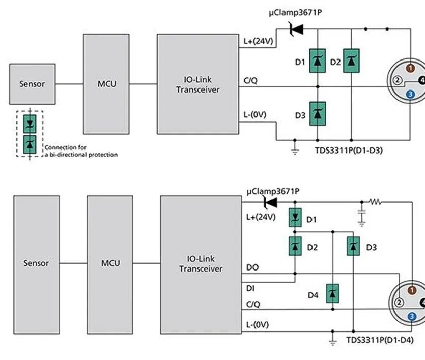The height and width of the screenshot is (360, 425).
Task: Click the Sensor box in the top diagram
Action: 32,84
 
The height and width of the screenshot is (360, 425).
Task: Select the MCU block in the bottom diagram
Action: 110,264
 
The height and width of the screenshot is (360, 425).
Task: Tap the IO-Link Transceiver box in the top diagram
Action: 198,84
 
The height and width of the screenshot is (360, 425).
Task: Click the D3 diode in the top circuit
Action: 318,114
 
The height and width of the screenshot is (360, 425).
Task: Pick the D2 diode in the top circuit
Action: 351,61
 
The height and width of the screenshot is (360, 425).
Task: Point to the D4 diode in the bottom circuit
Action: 332,293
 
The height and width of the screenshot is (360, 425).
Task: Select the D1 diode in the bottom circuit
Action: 295,217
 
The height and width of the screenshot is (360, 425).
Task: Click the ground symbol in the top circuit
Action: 295,151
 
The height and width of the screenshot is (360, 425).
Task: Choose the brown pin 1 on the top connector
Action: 411,68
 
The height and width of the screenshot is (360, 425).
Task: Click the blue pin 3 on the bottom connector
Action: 412,316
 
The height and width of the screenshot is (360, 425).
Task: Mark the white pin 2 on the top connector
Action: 398,80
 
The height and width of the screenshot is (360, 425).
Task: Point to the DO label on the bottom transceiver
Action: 252,267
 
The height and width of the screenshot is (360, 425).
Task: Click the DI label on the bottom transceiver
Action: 250,288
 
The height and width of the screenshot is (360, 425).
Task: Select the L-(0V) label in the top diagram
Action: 255,115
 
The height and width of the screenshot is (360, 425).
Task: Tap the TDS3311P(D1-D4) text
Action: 380,340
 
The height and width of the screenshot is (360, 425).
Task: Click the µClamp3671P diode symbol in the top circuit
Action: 296,29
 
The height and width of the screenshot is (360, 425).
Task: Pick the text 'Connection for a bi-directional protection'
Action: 81,151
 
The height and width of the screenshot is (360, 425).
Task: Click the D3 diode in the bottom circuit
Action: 353,246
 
